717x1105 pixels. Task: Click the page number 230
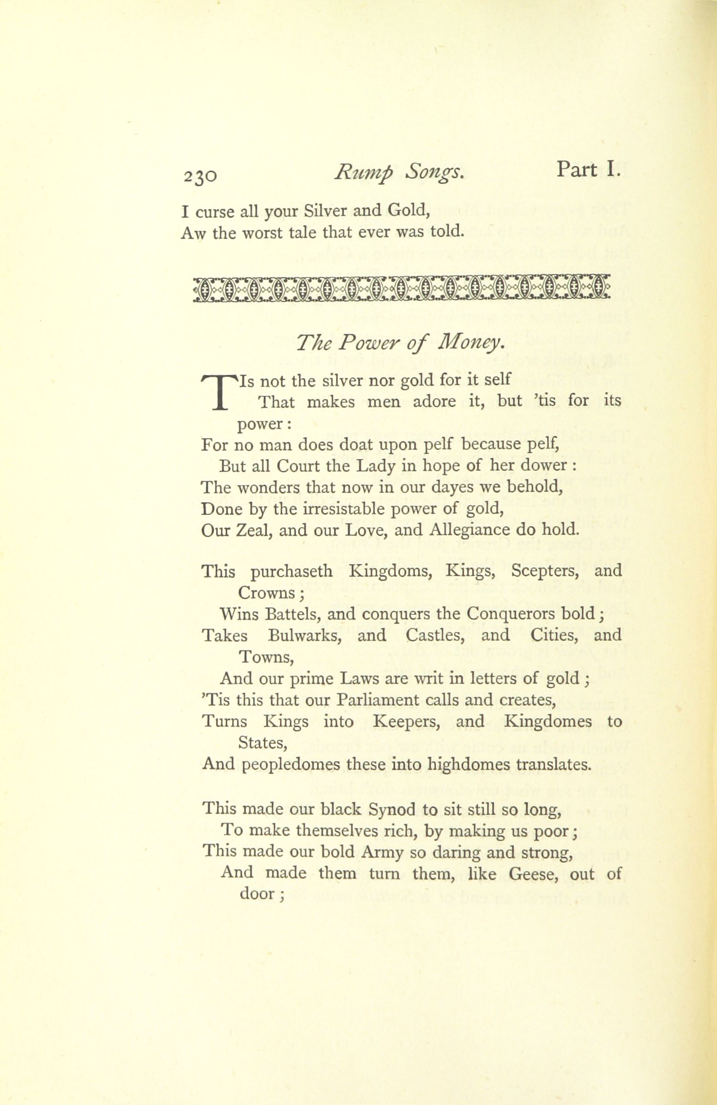(200, 176)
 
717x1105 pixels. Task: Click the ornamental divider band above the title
(401, 290)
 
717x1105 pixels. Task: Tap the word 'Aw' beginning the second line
(193, 232)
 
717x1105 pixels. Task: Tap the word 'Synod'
(391, 809)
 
